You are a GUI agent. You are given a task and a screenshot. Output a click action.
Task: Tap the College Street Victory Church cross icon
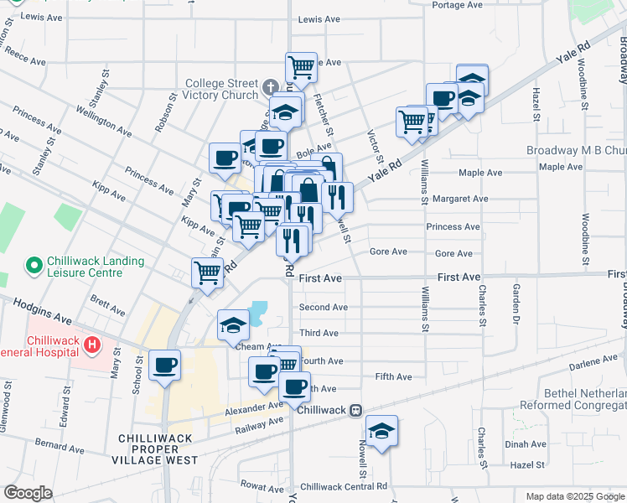270,86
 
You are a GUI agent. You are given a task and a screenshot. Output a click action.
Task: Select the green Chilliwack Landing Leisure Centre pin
34,267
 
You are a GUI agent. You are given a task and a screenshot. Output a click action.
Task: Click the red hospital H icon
92,344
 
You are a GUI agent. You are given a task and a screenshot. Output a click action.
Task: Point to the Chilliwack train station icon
356,410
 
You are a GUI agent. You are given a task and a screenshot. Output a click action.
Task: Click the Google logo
28,493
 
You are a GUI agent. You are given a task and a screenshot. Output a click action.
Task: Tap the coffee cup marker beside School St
164,365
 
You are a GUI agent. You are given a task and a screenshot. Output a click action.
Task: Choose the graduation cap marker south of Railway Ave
382,431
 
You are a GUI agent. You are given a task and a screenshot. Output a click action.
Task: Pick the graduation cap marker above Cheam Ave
233,326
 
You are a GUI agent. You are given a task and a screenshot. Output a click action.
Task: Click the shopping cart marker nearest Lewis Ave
301,66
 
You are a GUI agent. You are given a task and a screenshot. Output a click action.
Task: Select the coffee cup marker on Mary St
225,158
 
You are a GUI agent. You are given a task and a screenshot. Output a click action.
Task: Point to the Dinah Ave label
523,446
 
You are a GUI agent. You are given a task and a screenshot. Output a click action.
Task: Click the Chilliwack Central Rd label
344,486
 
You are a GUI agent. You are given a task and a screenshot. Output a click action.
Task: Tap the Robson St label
160,117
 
